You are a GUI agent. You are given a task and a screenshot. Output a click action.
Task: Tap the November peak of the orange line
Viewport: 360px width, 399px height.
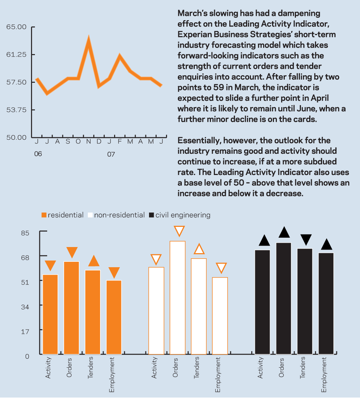click(88, 39)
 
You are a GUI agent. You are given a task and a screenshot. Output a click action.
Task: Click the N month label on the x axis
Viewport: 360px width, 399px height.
click(88, 142)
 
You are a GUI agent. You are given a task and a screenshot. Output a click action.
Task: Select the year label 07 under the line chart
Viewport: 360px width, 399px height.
click(111, 154)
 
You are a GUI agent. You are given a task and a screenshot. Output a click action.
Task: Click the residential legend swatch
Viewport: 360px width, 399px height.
click(44, 215)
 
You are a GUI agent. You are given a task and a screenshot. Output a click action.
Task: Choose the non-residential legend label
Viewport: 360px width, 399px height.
click(119, 215)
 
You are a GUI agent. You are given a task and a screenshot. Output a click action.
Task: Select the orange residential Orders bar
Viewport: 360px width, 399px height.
click(71, 308)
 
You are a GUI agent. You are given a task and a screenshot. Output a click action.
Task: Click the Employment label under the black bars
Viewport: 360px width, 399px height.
click(324, 375)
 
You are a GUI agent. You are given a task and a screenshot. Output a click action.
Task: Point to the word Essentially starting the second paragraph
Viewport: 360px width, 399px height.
click(199, 140)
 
